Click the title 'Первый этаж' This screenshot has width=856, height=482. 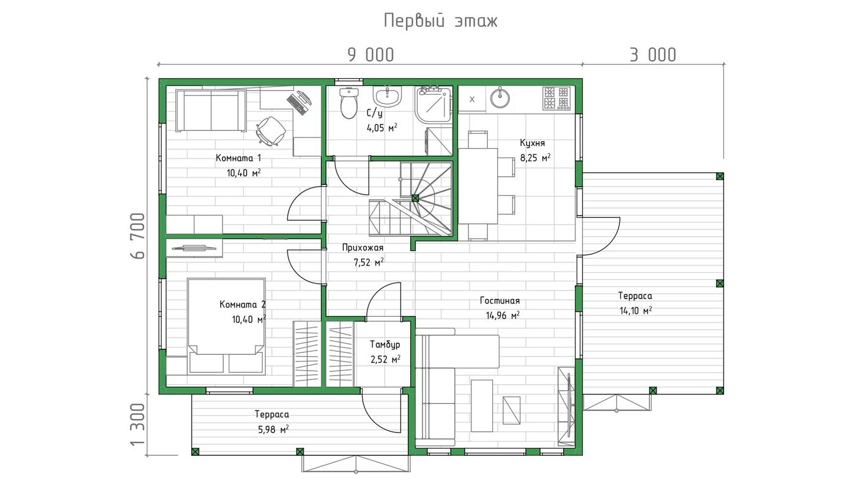[x=441, y=21]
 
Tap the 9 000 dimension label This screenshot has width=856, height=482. [x=371, y=55]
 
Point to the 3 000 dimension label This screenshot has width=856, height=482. [x=653, y=55]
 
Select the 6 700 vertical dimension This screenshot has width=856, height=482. [x=138, y=236]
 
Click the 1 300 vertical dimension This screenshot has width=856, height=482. [x=138, y=425]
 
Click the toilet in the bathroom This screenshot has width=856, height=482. [x=349, y=102]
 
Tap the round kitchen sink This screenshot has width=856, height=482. [x=500, y=98]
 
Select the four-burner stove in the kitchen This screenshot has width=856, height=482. [x=556, y=98]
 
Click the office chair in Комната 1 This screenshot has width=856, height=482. [x=271, y=131]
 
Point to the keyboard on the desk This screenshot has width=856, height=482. [x=297, y=104]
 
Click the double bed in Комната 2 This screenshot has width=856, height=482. [x=226, y=325]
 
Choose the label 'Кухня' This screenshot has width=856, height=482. [x=533, y=143]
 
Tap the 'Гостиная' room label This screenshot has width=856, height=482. [x=500, y=301]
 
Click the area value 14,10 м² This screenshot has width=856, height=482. [x=635, y=310]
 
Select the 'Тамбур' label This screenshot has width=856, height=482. [x=385, y=344]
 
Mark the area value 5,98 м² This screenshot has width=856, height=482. [x=273, y=429]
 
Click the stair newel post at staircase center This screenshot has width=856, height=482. [x=415, y=198]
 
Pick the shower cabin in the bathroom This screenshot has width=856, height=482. [x=434, y=104]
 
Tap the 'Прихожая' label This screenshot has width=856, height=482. [x=363, y=248]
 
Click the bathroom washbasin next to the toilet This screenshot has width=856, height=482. [x=388, y=96]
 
